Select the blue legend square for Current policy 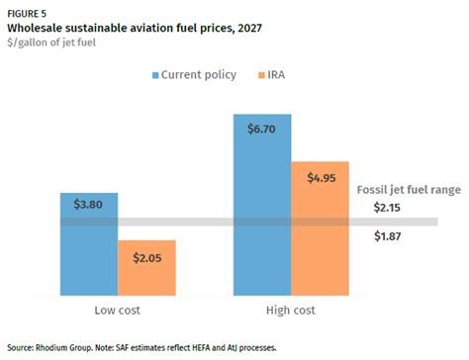[x=154, y=75]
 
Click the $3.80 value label [x=88, y=205]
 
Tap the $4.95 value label [x=320, y=177]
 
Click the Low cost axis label [x=118, y=311]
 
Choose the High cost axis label [x=291, y=311]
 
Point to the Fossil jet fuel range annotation [x=408, y=189]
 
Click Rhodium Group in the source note [x=62, y=347]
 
